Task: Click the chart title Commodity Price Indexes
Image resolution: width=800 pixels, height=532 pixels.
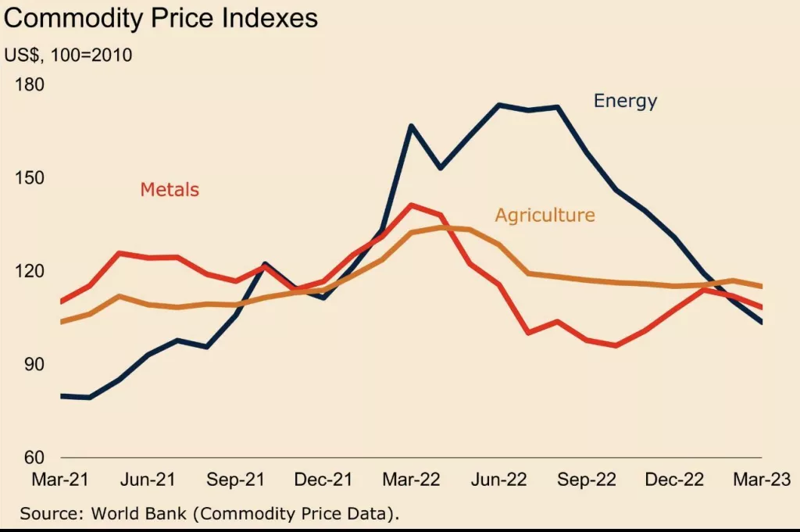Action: click(161, 18)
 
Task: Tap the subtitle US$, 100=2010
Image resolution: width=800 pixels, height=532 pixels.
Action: click(68, 55)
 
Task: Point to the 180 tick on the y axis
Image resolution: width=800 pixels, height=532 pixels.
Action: click(30, 84)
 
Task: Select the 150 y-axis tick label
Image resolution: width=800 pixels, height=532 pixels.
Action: click(30, 177)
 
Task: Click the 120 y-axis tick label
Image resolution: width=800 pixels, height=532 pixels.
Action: click(30, 271)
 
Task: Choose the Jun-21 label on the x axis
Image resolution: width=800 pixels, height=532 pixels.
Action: click(148, 479)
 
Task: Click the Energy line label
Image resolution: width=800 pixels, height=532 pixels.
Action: click(625, 101)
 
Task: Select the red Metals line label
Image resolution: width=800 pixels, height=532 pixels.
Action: click(170, 190)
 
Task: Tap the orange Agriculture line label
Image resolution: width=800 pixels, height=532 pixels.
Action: click(545, 216)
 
